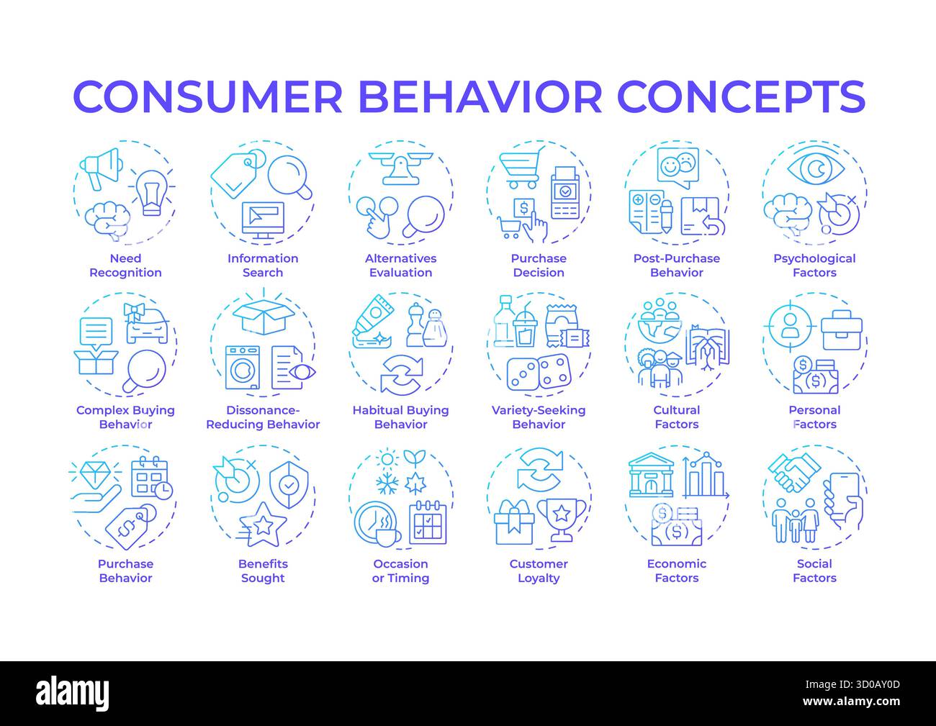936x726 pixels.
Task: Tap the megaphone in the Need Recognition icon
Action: (99, 168)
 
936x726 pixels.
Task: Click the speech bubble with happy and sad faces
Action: (678, 167)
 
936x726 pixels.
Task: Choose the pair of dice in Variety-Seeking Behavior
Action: (538, 373)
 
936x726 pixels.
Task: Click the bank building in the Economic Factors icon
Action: (650, 476)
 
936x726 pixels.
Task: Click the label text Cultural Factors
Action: (677, 417)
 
